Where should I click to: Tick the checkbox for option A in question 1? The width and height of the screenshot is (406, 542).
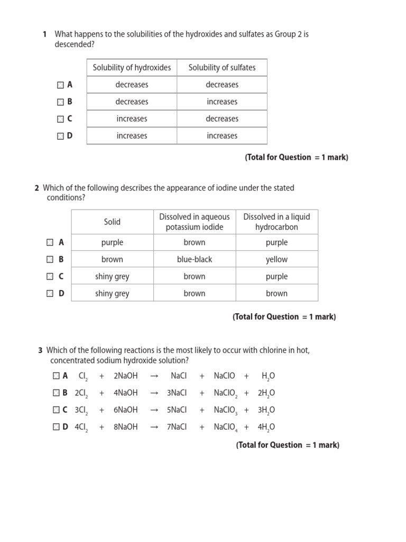tap(60, 85)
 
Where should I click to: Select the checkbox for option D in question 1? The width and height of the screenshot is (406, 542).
tap(60, 136)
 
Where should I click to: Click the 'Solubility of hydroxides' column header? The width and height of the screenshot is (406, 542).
tap(132, 68)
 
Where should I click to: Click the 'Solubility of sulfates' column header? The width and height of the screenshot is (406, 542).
tap(222, 68)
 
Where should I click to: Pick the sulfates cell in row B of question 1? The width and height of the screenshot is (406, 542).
tap(222, 102)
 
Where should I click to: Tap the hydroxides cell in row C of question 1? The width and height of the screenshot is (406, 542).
tap(132, 119)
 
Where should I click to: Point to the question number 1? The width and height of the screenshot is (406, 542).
tap(45, 34)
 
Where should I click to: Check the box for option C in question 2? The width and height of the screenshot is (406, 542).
tap(50, 276)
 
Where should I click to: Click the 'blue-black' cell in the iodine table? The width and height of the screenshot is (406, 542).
tap(195, 259)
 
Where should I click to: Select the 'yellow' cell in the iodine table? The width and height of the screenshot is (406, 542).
tap(276, 259)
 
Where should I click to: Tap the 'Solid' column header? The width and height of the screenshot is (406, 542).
tap(112, 222)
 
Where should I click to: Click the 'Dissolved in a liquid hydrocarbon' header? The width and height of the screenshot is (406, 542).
tap(276, 222)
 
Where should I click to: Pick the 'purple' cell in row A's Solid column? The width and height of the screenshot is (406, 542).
tap(112, 242)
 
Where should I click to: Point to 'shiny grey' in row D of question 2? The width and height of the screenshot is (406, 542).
tap(112, 293)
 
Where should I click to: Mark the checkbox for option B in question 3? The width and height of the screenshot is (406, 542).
tap(56, 393)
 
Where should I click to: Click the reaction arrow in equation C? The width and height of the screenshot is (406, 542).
tap(154, 410)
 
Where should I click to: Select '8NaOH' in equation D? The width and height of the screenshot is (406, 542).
tap(125, 427)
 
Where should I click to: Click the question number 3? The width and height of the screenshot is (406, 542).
tap(41, 350)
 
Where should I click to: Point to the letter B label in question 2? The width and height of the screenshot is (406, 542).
tap(61, 259)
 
